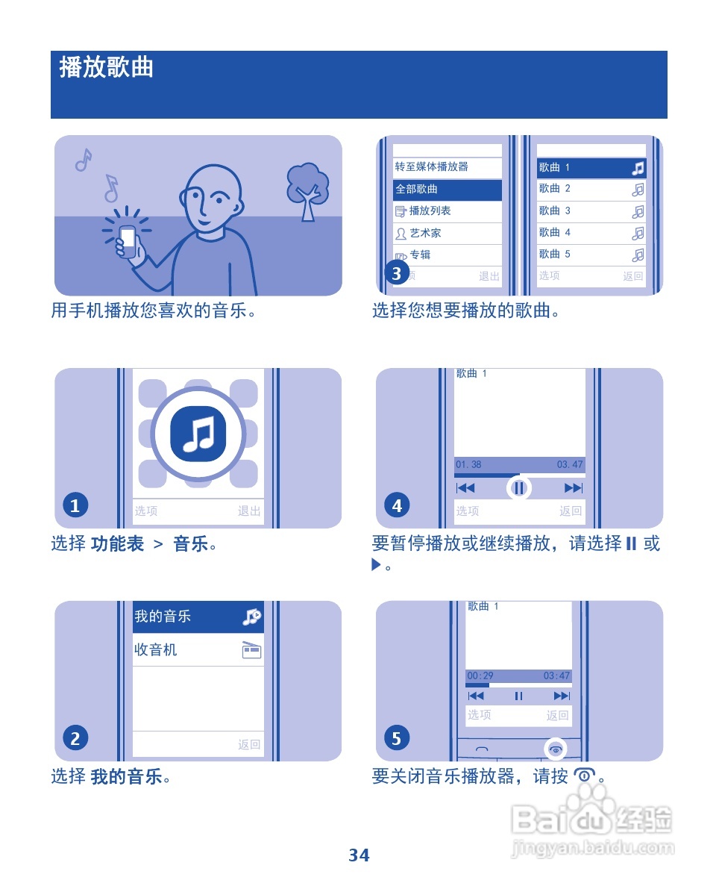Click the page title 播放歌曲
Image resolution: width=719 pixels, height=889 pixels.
point(107,68)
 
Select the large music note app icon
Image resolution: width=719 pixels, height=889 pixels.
point(198,434)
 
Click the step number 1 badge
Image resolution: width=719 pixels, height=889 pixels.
point(75,506)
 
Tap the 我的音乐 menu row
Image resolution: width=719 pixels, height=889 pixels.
point(198,617)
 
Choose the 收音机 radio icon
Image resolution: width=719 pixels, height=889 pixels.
point(251,650)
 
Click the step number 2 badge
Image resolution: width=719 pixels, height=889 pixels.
point(75,739)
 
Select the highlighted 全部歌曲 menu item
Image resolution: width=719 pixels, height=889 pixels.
point(447,190)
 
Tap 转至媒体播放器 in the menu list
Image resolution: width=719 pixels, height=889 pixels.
point(447,167)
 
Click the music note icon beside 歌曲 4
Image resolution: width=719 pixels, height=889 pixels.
point(638,233)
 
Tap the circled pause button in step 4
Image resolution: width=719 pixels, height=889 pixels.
point(519,489)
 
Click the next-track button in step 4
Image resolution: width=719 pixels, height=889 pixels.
point(573,488)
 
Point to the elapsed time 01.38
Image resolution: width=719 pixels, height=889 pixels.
point(468,465)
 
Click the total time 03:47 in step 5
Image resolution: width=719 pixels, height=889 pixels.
point(556,676)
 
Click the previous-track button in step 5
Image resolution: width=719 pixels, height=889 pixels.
point(475,696)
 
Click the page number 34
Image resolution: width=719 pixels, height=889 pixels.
point(359,855)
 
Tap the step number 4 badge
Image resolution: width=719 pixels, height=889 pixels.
point(397,506)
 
